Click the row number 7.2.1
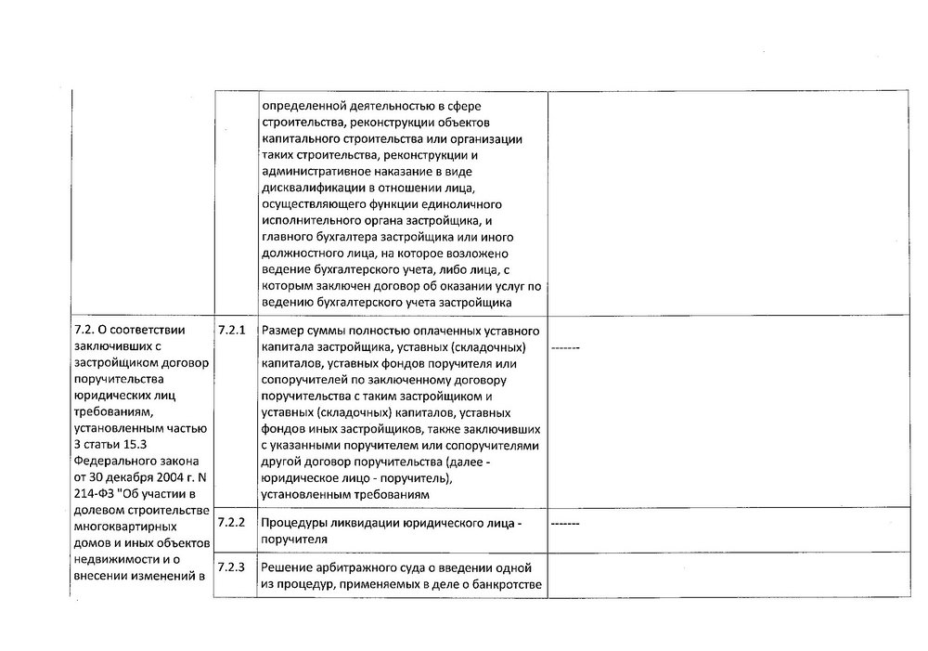pyautogui.click(x=230, y=330)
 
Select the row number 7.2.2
pyautogui.click(x=230, y=522)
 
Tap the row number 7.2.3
pyautogui.click(x=230, y=566)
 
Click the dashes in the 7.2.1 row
pyautogui.click(x=565, y=348)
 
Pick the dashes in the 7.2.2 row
pyautogui.click(x=565, y=525)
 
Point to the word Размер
pyautogui.click(x=282, y=331)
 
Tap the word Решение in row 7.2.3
pyautogui.click(x=289, y=567)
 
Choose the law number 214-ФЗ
pyautogui.click(x=94, y=495)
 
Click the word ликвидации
pyautogui.click(x=391, y=523)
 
